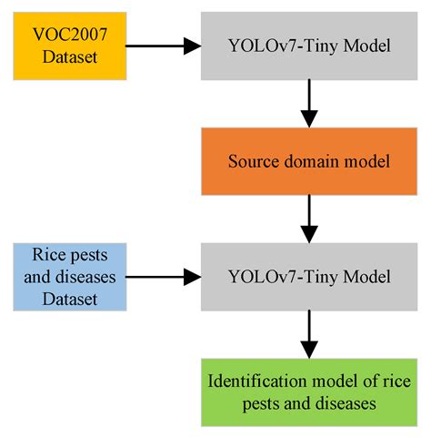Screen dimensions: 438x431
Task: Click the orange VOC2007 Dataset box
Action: click(69, 45)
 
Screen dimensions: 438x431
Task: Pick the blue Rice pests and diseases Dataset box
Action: click(69, 275)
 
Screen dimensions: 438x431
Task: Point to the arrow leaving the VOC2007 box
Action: click(163, 45)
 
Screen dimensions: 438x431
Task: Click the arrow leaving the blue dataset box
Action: click(163, 275)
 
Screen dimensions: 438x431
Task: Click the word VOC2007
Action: click(69, 35)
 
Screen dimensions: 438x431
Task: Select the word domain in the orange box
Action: click(307, 160)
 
